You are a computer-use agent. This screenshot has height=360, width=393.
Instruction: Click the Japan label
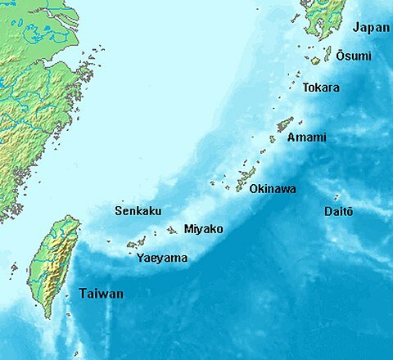coord(370,28)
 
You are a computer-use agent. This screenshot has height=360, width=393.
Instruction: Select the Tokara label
coord(321,88)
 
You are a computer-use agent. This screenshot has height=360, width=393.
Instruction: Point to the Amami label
coord(306,137)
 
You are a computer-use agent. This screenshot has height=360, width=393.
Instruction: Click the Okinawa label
coord(272,189)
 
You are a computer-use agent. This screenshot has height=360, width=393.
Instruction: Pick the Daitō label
coord(338,212)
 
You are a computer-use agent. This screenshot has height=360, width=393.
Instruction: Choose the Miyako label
coord(203,229)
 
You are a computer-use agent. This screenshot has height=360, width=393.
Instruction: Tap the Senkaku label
coord(138,210)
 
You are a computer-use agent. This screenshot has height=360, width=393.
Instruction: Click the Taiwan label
coord(101,294)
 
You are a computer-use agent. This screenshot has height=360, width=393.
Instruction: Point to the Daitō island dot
coord(337,197)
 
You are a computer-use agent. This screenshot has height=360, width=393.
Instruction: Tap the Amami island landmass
coord(284,124)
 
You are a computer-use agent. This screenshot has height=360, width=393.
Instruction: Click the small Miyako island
coord(172,231)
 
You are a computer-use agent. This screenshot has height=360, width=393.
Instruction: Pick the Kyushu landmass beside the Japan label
coord(326,16)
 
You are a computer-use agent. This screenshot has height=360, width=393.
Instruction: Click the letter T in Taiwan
coord(83,294)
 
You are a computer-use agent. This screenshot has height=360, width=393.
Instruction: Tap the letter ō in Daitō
coord(350,212)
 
